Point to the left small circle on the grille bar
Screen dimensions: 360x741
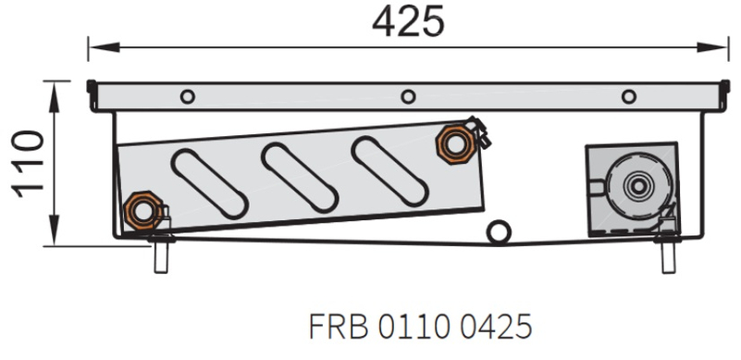[188, 96]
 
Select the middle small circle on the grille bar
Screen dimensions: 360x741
[407, 96]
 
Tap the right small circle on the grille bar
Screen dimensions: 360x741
[629, 96]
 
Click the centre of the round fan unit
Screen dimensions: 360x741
[636, 185]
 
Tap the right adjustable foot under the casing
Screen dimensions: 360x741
[668, 254]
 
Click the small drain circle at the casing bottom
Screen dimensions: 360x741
[500, 232]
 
